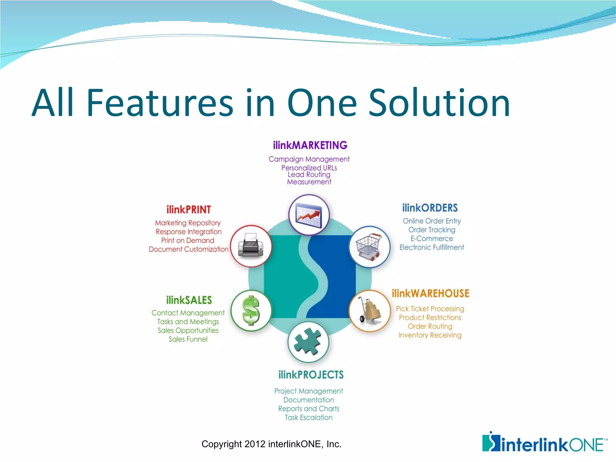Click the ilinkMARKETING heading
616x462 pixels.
(x=310, y=145)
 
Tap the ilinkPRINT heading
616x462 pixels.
(x=189, y=210)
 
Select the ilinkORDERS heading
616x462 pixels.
(x=430, y=208)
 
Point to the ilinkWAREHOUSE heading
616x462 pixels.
(x=430, y=294)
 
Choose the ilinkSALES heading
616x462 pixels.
(x=189, y=300)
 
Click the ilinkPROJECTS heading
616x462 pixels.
(x=311, y=375)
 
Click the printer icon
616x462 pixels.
(x=251, y=246)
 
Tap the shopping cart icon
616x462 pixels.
(x=369, y=247)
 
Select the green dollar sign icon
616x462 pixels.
(x=251, y=310)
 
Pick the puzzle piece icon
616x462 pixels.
(x=308, y=342)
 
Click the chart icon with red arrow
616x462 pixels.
(x=309, y=215)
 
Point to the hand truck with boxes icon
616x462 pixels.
(x=370, y=311)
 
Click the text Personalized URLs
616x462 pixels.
(x=309, y=168)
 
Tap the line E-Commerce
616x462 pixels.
(x=432, y=239)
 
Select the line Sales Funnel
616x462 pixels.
(x=188, y=339)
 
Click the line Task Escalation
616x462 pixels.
(x=309, y=417)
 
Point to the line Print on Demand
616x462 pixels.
(x=188, y=240)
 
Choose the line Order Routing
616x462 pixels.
(x=430, y=326)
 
